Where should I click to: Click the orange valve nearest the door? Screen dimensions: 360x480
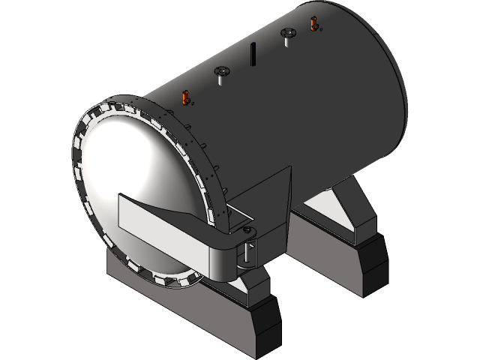(184, 97)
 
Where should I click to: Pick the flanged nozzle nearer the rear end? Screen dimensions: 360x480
(287, 33)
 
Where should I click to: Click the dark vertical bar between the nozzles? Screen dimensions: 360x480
(253, 53)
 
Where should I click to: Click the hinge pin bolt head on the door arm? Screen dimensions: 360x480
(247, 229)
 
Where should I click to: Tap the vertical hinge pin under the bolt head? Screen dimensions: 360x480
(248, 251)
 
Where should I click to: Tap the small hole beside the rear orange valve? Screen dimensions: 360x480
(321, 31)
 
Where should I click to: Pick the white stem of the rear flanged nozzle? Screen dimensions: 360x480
(287, 40)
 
